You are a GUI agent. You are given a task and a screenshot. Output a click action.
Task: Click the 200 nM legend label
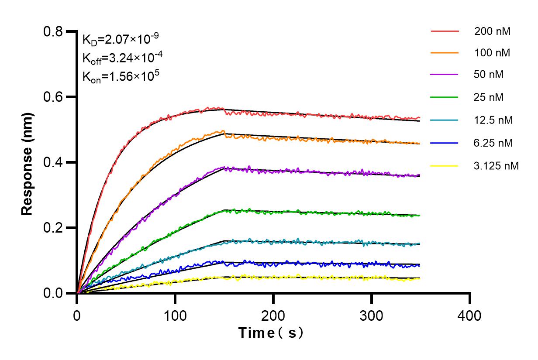tap(492, 31)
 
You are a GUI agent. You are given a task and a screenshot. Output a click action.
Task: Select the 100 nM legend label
tap(492, 53)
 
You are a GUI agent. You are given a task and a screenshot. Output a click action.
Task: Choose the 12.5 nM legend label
tap(493, 120)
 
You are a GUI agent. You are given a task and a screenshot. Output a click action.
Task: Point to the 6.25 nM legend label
tap(493, 143)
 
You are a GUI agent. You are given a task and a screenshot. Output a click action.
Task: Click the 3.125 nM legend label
tap(496, 166)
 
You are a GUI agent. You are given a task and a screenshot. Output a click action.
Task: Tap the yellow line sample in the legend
tap(445, 166)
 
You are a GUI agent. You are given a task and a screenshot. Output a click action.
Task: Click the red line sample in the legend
tap(445, 31)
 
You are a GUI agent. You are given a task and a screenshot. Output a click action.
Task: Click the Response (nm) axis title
tap(28, 162)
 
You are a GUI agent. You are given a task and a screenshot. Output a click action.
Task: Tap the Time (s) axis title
tap(271, 333)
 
